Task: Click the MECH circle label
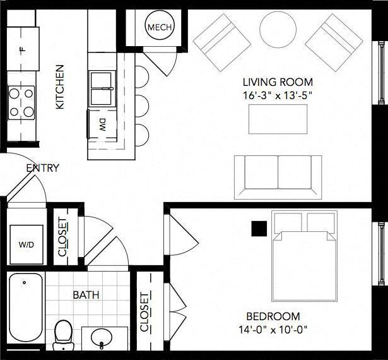(x=160, y=27)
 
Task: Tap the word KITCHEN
(x=60, y=87)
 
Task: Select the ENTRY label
(x=43, y=168)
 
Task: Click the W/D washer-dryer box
(x=26, y=244)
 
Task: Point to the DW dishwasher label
(x=102, y=125)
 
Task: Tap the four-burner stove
(x=21, y=102)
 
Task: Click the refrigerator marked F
(x=23, y=49)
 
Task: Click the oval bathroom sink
(x=102, y=338)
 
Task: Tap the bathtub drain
(x=24, y=282)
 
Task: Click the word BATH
(x=86, y=295)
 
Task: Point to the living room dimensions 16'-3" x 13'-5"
(x=276, y=95)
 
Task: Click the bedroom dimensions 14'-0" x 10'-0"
(x=273, y=330)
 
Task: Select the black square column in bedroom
(x=259, y=229)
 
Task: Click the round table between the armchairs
(x=278, y=30)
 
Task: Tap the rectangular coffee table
(x=278, y=119)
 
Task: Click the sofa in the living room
(x=278, y=177)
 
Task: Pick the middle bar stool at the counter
(x=142, y=106)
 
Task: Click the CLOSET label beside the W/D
(x=62, y=237)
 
